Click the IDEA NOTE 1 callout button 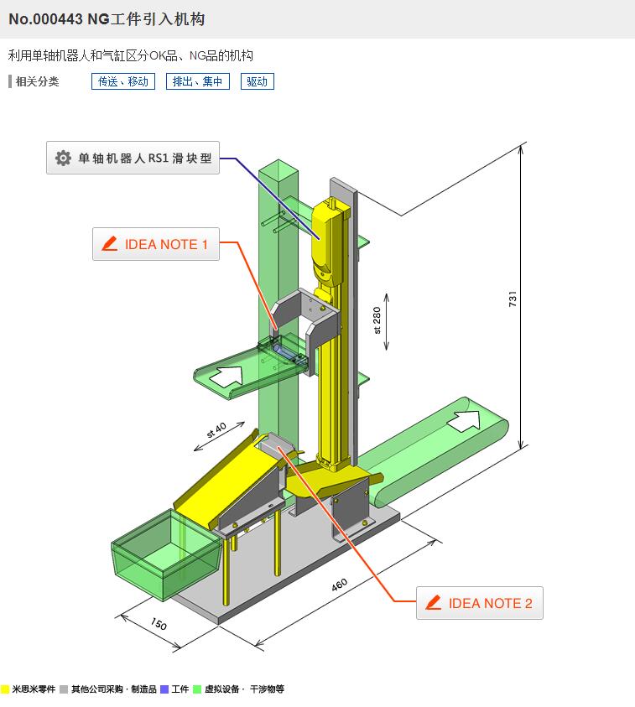coord(155,244)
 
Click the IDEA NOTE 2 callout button coord(479,603)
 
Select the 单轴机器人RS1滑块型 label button coord(133,158)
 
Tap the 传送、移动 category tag coord(122,81)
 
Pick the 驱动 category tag coord(258,81)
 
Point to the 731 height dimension coord(513,299)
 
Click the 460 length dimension coord(339,585)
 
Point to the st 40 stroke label coord(216,430)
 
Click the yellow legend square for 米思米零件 coord(5,689)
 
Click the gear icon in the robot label coord(63,158)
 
